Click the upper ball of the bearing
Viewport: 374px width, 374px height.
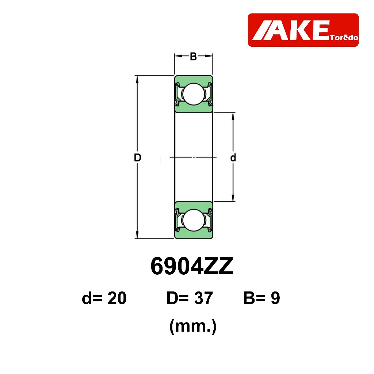(194, 94)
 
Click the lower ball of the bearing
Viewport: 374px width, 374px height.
(194, 220)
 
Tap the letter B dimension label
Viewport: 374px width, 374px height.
(193, 57)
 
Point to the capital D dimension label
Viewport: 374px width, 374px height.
(138, 158)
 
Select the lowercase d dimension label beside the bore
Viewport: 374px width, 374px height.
(233, 158)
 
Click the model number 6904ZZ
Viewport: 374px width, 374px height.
(192, 266)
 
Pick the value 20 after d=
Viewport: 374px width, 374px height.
(117, 298)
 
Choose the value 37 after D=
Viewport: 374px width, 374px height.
(203, 298)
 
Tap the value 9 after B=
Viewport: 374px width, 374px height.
(275, 298)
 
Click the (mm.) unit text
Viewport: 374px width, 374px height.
(193, 327)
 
